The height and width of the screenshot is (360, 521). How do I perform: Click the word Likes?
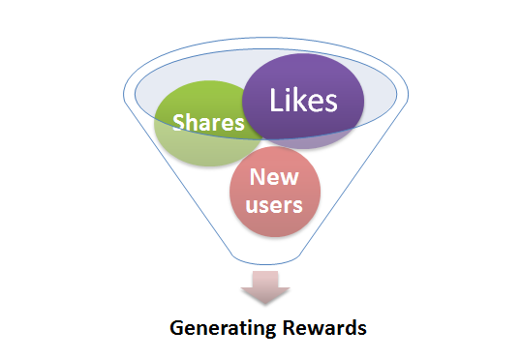click(303, 100)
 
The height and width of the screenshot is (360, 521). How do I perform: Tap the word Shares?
click(208, 122)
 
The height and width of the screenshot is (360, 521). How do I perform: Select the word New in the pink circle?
click(274, 177)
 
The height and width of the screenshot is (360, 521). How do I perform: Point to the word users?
click(274, 205)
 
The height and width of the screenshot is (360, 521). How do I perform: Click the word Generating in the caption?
click(223, 329)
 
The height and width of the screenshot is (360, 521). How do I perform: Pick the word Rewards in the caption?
click(324, 328)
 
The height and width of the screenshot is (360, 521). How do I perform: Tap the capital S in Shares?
click(179, 122)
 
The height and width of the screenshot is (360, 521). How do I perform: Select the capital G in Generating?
click(176, 328)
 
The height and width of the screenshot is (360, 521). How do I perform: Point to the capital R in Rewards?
click(290, 328)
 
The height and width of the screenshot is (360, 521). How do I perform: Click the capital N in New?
click(258, 177)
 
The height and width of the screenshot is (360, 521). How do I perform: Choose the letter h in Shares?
click(194, 122)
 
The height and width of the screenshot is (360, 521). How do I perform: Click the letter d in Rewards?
click(350, 328)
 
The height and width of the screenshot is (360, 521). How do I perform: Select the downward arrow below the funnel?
click(265, 287)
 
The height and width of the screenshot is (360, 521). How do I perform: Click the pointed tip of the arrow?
click(265, 304)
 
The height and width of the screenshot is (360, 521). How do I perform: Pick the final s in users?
click(297, 206)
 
